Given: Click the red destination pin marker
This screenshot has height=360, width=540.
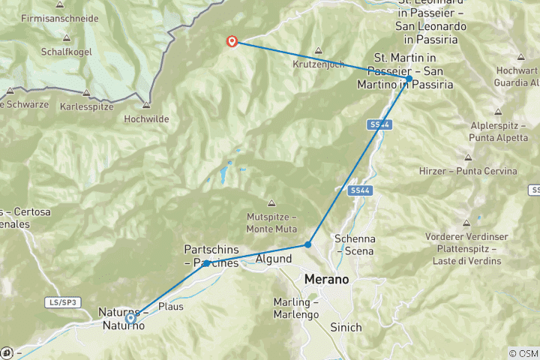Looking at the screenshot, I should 232,42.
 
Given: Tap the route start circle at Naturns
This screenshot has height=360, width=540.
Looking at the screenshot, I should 130,318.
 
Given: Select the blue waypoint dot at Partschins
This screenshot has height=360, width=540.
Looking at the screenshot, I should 205,263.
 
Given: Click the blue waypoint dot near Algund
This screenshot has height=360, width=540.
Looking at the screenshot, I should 307,244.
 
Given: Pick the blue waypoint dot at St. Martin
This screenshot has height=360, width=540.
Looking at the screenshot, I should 409,79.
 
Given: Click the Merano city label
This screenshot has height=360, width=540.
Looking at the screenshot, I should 327,279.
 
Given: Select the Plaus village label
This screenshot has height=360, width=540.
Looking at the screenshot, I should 171,306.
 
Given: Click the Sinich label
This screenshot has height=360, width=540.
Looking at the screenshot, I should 346,328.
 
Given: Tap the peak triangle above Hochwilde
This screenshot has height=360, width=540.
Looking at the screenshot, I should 147,105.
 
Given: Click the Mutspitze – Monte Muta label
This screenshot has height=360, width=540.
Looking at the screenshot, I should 271,223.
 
